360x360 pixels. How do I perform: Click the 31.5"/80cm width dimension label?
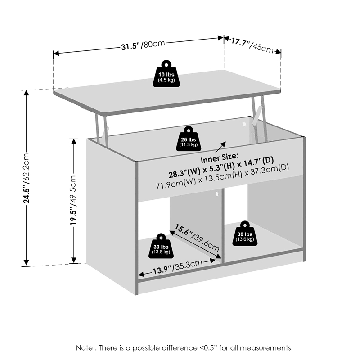point(143,45)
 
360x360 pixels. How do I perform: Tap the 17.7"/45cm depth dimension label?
point(252,45)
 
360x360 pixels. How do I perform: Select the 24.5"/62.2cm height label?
point(26,178)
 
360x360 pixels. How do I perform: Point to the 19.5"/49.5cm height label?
point(73,200)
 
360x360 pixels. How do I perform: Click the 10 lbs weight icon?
point(166,74)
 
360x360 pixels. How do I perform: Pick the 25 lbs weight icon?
point(189,139)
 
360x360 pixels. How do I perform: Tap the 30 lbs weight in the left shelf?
point(161,246)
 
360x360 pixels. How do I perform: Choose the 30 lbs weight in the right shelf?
point(245,234)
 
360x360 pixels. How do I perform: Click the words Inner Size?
point(220,158)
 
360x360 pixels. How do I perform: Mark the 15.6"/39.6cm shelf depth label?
point(197,238)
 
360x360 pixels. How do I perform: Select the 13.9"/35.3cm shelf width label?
point(177,267)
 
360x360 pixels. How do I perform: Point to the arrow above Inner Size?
point(220,148)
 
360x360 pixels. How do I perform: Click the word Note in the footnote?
point(85,348)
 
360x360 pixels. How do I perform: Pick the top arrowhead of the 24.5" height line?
point(27,93)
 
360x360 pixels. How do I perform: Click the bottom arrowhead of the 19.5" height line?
point(73,260)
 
